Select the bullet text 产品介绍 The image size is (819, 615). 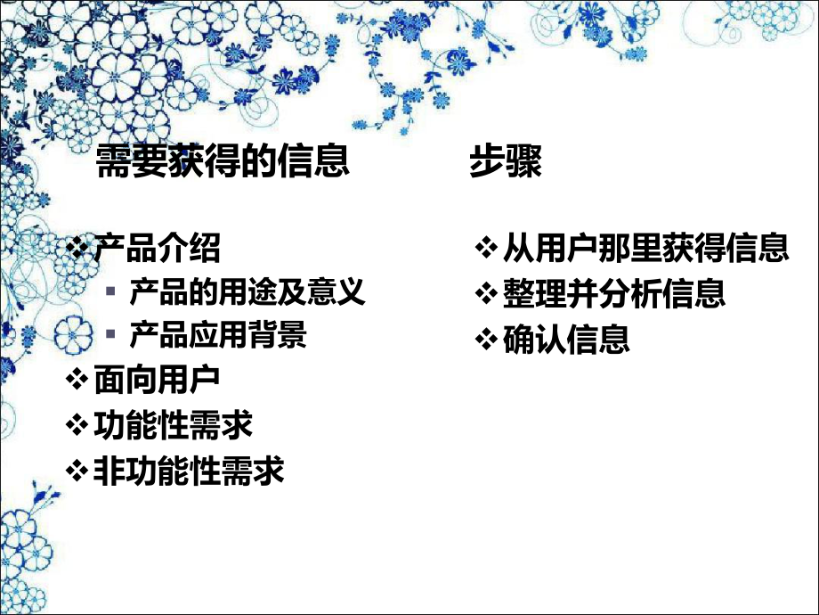point(157,249)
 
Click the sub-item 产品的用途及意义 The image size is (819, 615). point(247,292)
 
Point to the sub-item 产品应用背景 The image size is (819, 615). point(218,335)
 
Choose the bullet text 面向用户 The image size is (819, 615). point(157,381)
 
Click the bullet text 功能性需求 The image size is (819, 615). point(173,425)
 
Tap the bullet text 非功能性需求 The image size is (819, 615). point(189,471)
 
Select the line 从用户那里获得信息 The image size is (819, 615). point(645,249)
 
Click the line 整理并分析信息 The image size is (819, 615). point(613,293)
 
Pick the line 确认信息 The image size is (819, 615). point(566,339)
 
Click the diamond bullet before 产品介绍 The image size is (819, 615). point(79,247)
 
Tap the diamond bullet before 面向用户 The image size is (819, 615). point(79,380)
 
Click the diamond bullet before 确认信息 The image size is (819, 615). point(487,339)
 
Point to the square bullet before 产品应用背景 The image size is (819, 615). point(110,336)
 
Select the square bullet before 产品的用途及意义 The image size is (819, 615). point(110,292)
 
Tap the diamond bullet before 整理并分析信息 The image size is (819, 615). point(487,293)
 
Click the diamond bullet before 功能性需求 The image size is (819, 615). point(79,424)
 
